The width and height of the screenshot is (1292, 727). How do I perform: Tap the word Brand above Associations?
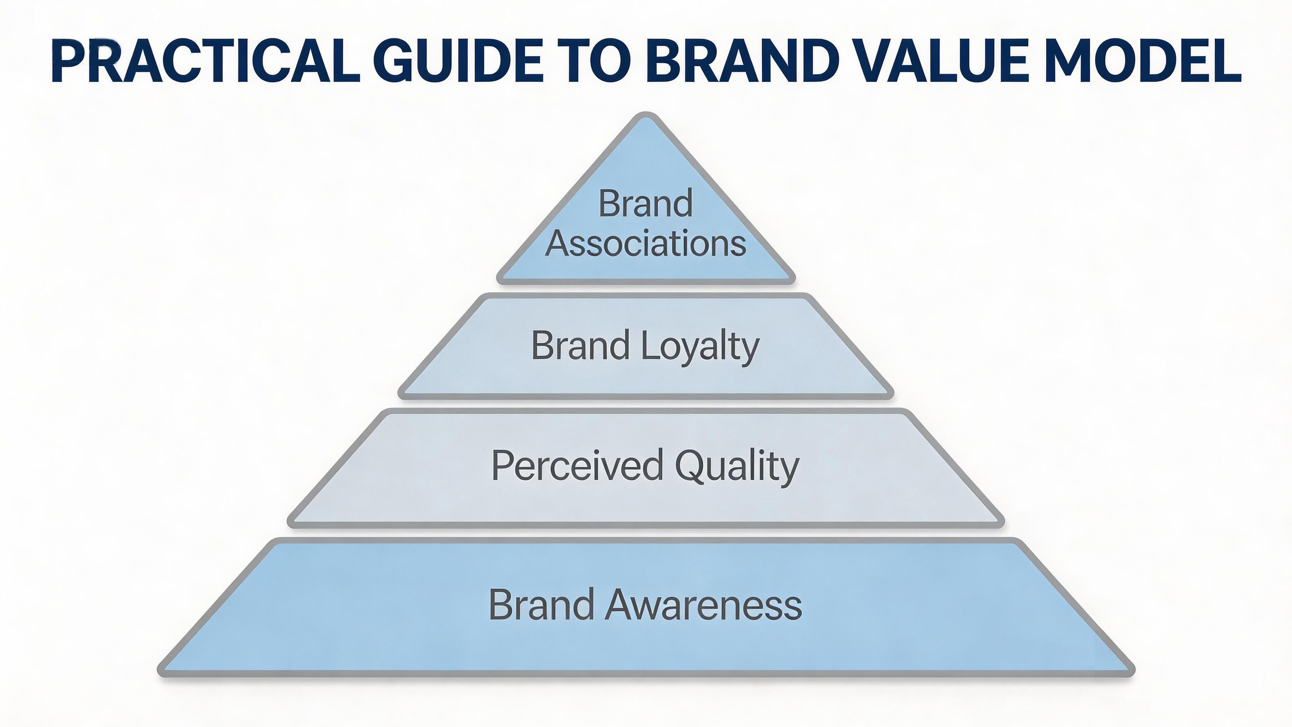645,203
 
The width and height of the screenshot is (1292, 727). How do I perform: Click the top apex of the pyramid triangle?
645,116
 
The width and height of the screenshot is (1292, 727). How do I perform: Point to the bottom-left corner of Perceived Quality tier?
292,524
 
